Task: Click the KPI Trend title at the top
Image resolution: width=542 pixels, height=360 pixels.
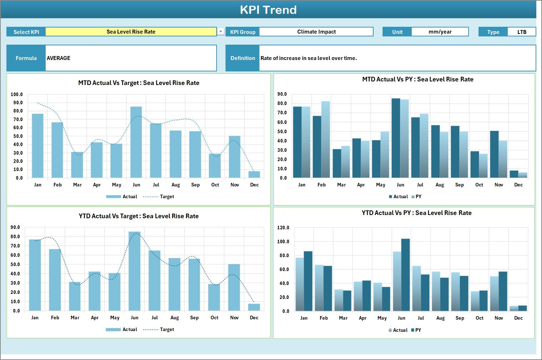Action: (x=268, y=10)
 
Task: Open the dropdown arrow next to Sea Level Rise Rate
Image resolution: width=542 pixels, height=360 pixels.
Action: (x=221, y=32)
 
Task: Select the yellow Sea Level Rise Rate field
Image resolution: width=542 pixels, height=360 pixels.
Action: (x=131, y=32)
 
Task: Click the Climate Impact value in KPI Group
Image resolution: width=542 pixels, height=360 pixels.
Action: (x=316, y=32)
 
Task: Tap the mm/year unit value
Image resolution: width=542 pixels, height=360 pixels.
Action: (x=440, y=32)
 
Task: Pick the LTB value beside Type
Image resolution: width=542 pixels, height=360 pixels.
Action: (x=522, y=32)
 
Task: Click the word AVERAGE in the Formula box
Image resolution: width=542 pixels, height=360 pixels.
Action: (x=59, y=58)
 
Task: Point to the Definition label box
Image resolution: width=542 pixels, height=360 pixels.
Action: (x=243, y=58)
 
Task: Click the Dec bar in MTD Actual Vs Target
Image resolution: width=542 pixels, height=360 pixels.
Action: (x=254, y=174)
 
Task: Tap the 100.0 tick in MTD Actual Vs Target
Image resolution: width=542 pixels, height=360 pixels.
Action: (x=17, y=95)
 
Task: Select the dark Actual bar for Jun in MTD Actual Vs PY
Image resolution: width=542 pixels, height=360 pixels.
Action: (x=396, y=138)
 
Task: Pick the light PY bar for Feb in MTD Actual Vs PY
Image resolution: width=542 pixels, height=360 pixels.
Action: (x=325, y=139)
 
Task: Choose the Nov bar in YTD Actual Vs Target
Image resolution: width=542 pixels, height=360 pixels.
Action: (x=234, y=287)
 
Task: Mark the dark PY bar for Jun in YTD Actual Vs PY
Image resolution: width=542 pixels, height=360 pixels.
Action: (x=405, y=275)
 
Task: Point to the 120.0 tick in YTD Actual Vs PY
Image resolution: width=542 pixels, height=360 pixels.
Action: (x=283, y=228)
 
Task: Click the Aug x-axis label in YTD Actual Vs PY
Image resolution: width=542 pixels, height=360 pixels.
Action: (x=440, y=318)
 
